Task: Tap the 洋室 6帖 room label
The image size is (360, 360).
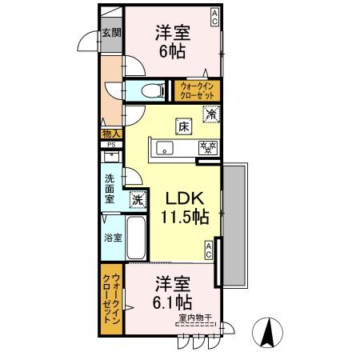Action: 172,42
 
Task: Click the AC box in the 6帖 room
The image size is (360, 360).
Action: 215,15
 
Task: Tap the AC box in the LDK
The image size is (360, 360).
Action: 208,250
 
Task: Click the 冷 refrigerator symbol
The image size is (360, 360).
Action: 210,114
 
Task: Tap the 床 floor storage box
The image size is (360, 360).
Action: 183,126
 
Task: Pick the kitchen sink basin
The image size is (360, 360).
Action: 166,147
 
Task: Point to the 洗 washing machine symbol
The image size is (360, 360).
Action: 138,198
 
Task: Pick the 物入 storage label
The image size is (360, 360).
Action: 110,134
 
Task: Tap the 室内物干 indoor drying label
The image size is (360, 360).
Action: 195,318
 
